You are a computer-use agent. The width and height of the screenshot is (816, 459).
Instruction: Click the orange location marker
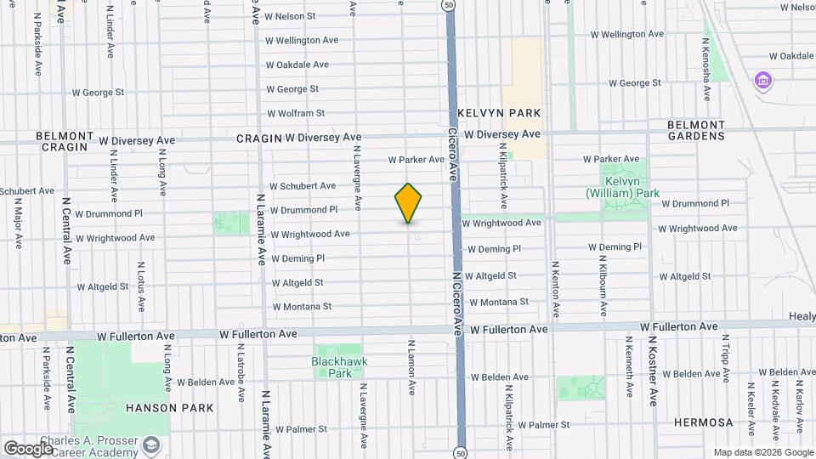coord(409,203)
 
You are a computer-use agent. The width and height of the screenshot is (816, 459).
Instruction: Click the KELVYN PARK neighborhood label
coord(499,113)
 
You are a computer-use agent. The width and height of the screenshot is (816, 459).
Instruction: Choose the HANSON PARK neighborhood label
coord(164,408)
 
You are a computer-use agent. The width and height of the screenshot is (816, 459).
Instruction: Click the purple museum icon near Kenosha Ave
coord(763,81)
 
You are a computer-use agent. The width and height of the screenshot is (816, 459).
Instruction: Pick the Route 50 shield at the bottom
coord(460,450)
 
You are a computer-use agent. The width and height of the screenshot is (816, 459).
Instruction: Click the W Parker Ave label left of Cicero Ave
coord(416,160)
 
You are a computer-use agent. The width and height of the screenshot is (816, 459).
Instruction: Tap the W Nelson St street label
coord(290,16)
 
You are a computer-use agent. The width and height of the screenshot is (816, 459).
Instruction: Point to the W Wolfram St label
coord(296,113)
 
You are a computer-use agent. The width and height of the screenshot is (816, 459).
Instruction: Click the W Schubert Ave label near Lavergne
coord(303,185)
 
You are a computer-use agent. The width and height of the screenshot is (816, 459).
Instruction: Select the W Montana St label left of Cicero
coord(302,307)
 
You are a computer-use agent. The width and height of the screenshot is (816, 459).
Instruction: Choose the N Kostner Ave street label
coord(654,371)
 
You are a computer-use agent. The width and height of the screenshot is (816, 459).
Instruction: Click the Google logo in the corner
coord(27,449)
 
